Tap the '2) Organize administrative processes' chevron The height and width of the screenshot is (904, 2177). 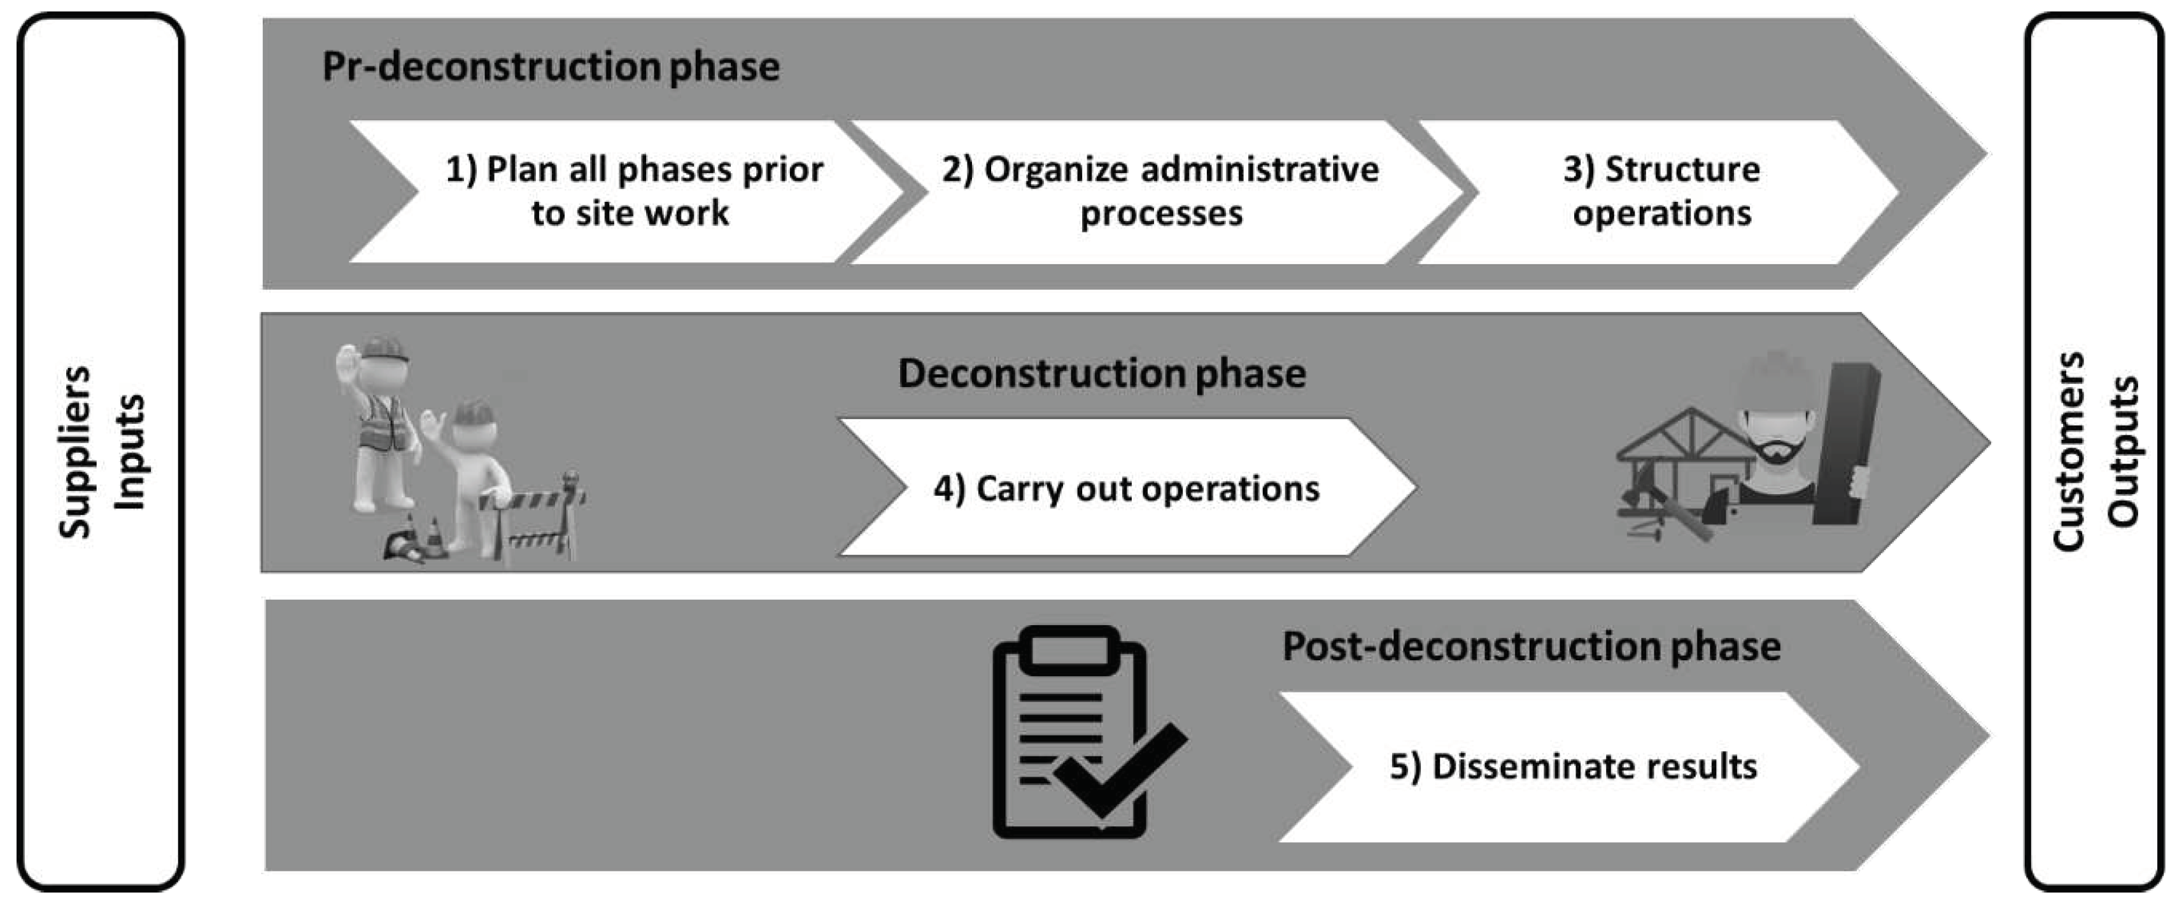1160,192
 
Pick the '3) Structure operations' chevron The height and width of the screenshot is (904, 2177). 1661,192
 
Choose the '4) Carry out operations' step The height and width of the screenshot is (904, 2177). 1125,488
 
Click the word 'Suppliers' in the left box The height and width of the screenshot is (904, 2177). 74,452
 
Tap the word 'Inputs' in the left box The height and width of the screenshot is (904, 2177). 129,452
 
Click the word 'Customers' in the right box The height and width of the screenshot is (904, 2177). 2068,452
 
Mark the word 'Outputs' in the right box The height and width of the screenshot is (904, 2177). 2122,452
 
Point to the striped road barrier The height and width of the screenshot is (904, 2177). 532,516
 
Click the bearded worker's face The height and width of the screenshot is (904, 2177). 1777,431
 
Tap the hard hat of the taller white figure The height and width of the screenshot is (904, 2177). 384,348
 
